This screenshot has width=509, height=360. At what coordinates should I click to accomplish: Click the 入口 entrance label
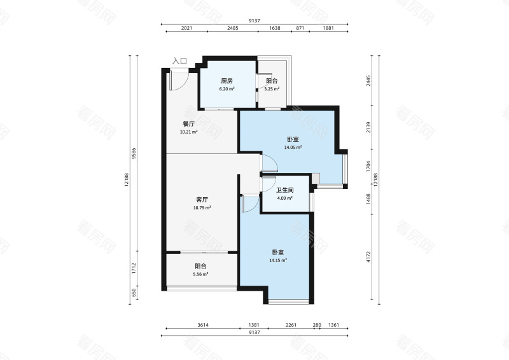tap(179, 61)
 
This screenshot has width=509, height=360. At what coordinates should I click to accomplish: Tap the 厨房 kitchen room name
tap(227, 81)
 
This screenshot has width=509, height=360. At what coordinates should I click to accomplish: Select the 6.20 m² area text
tap(227, 89)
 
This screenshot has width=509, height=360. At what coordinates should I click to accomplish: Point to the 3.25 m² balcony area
tap(272, 89)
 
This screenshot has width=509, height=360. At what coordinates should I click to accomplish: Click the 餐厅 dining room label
tap(188, 124)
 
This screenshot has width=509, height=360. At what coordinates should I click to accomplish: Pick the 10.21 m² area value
tap(188, 132)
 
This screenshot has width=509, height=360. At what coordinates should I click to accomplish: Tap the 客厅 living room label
tap(202, 200)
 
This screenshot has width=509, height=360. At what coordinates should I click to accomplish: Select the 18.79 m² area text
tap(202, 208)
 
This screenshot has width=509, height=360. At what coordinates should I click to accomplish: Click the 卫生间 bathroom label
tap(284, 190)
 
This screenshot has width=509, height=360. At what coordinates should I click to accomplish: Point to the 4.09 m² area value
tap(284, 198)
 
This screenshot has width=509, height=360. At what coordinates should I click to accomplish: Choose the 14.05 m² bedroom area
tap(293, 147)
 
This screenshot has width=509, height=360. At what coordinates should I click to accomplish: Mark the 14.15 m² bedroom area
tap(278, 260)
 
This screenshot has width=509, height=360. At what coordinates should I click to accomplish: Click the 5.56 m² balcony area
tap(200, 274)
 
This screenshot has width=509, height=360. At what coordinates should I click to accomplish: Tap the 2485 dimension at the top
tap(232, 28)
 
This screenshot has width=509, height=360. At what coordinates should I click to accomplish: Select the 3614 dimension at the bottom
tap(203, 325)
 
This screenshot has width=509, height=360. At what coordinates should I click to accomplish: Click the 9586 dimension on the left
tap(134, 154)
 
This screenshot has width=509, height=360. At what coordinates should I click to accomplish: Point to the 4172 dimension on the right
tap(368, 257)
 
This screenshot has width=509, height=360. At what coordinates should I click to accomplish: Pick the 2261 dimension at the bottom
tap(291, 325)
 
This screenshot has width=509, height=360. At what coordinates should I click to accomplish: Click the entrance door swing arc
tap(183, 85)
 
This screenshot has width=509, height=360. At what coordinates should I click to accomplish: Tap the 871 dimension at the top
tap(300, 28)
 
